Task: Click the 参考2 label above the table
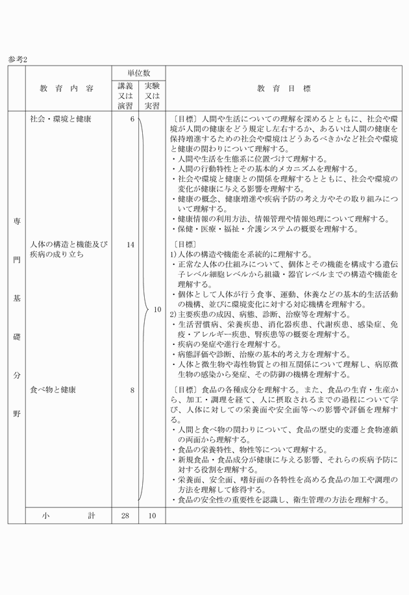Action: [x=18, y=58]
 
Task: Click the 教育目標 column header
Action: [x=283, y=88]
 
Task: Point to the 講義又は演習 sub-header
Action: [x=125, y=95]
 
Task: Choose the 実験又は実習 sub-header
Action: [x=152, y=95]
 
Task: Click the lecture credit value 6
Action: [x=132, y=120]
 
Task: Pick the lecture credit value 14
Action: [x=130, y=245]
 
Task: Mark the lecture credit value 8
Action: [x=132, y=390]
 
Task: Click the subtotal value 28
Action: [x=125, y=516]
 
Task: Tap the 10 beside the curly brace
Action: [x=157, y=310]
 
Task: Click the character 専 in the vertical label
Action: [x=16, y=221]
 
